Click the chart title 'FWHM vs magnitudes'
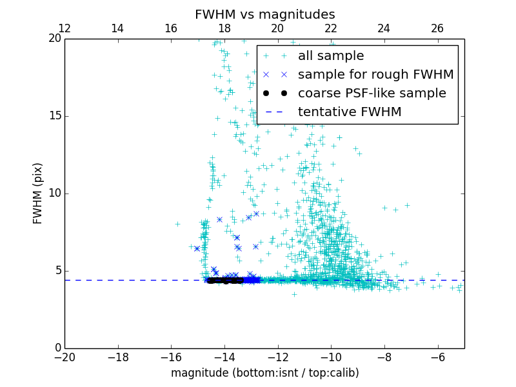[x=264, y=14]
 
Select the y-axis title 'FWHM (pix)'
[x=38, y=193]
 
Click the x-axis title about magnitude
[x=264, y=373]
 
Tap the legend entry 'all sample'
[x=330, y=56]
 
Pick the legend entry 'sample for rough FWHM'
[x=375, y=75]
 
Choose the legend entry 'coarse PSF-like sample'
[x=372, y=94]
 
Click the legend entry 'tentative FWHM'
[x=349, y=112]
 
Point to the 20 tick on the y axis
[x=54, y=39]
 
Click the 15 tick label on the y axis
[x=54, y=116]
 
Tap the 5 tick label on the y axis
[x=57, y=271]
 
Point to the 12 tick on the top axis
[x=64, y=28]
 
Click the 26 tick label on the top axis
[x=437, y=28]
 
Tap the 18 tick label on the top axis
[x=224, y=28]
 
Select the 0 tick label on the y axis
[x=57, y=348]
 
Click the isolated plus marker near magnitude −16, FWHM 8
[x=177, y=224]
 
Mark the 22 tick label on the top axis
[x=331, y=28]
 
